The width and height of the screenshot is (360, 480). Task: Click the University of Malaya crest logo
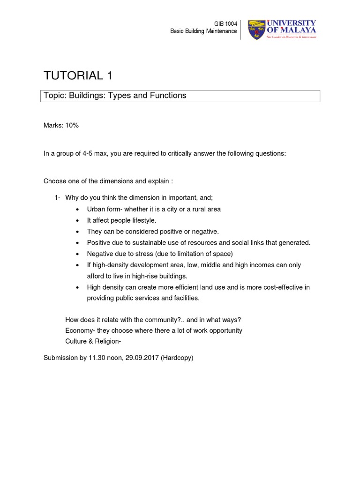[x=256, y=30]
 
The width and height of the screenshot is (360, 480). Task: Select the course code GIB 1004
[x=225, y=24]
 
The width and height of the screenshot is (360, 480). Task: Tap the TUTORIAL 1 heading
[x=78, y=75]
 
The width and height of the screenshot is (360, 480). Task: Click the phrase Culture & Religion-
[x=93, y=341]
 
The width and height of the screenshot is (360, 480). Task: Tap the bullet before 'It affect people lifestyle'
[x=77, y=220]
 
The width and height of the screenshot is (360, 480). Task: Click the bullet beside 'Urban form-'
[x=77, y=210]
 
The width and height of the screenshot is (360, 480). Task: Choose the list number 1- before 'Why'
[x=57, y=198]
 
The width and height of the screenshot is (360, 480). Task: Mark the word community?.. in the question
[x=166, y=320]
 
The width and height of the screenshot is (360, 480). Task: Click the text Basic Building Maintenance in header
[x=203, y=31]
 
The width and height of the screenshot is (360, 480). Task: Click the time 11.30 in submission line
[x=96, y=358]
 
